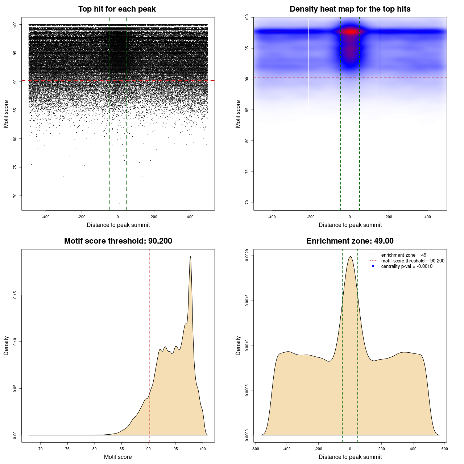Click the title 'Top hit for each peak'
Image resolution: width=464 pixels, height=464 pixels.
click(117, 9)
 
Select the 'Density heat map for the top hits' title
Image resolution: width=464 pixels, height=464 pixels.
click(350, 9)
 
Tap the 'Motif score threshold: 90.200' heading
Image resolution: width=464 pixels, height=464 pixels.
click(118, 241)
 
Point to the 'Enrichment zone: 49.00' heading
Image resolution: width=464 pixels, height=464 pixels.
click(350, 241)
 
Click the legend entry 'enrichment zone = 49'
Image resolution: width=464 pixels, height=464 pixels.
click(403, 255)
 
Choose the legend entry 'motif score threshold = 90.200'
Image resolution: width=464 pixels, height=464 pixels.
click(413, 261)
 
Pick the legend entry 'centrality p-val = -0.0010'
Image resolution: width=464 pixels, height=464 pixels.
click(407, 266)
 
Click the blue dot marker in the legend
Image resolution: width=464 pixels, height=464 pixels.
click(373, 266)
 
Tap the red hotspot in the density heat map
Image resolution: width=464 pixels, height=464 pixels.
click(350, 32)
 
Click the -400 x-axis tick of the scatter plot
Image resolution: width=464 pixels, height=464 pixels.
click(46, 217)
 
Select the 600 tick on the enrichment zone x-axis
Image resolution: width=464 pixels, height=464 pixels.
click(444, 449)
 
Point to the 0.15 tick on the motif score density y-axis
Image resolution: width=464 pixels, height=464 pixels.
click(15, 295)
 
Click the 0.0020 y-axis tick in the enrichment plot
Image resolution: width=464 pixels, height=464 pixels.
click(247, 255)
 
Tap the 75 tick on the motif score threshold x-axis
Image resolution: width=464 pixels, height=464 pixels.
click(67, 449)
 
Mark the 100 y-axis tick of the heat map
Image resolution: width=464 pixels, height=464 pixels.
click(247, 17)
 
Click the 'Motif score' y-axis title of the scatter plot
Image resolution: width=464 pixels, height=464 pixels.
click(6, 114)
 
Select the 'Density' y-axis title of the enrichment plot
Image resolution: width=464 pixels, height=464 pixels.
click(238, 345)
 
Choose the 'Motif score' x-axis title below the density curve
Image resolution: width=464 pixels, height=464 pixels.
click(118, 457)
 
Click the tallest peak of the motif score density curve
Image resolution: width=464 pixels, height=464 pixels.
click(190, 257)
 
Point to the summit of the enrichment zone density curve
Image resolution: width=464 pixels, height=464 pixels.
click(350, 257)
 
